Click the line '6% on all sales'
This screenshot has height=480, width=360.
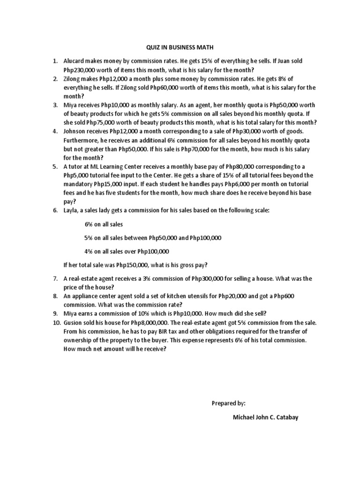[x=104, y=225]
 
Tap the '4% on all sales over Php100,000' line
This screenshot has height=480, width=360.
[x=127, y=251]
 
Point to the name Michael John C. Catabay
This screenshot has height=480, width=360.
[x=265, y=417]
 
